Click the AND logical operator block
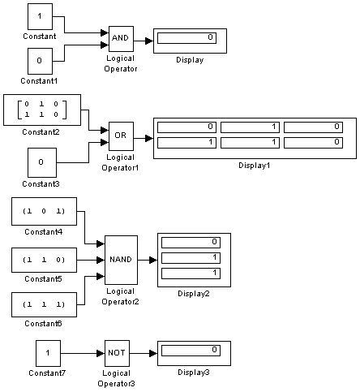coord(121,39)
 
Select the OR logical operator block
coord(121,136)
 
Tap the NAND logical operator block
coord(121,260)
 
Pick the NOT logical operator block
coord(117,353)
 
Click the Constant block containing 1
coord(40,16)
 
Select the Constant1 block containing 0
coord(40,61)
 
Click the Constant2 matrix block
coord(42,110)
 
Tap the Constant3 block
coord(42,162)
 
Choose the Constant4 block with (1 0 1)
coord(44,211)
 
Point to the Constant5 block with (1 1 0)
coord(44,260)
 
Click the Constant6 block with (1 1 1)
coord(44,304)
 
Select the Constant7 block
coord(48,353)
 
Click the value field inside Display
coord(186,38)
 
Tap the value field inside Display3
coord(191,351)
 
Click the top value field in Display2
coord(191,243)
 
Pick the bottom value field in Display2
coord(191,274)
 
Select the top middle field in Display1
coord(250,127)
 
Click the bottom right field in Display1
coord(313,143)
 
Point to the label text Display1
coord(255,166)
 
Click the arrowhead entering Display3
coord(153,353)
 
